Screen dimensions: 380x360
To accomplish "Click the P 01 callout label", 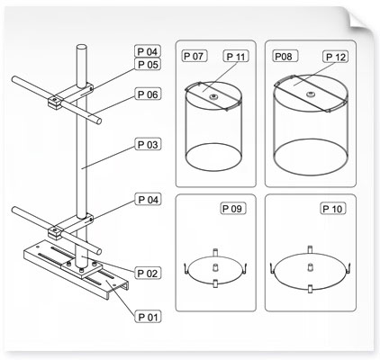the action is tap(148, 317).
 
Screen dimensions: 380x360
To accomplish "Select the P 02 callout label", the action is tap(148, 274).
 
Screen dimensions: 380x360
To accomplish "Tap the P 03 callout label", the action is tap(148, 145).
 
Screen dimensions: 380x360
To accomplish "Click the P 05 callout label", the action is tap(148, 64).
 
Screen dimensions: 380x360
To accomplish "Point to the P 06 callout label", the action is tap(148, 94).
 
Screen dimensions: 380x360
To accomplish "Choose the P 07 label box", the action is tap(194, 56).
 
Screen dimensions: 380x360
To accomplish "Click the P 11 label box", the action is tap(236, 57).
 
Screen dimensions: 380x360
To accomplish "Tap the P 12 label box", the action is tap(336, 57).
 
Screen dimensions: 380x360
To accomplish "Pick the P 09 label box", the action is tap(233, 208).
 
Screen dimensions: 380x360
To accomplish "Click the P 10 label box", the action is tap(332, 209).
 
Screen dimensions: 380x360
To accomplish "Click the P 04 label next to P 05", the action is tap(148, 51).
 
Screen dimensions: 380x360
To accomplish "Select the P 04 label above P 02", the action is tap(148, 200).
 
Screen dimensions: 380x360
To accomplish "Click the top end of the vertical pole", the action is tap(81, 47).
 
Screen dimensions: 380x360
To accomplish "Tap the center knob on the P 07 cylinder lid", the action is tap(213, 96).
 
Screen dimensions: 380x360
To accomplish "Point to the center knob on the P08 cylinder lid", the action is tap(311, 94).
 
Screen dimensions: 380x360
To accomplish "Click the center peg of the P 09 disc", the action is tap(215, 266).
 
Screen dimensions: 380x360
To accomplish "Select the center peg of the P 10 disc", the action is tap(311, 266).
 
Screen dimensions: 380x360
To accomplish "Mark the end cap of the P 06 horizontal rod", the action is tap(98, 121).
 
